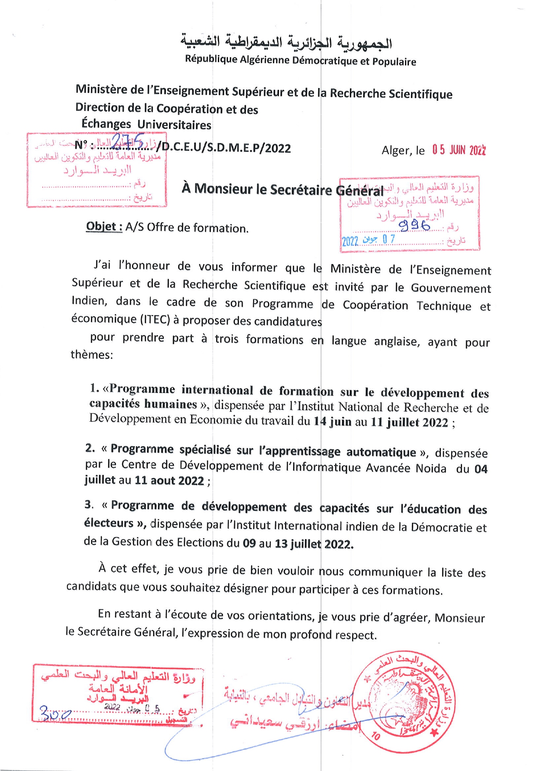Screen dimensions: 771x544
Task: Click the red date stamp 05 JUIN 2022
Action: pos(459,150)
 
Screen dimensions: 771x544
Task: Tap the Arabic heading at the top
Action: pos(286,42)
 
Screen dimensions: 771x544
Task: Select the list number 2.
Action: pos(90,448)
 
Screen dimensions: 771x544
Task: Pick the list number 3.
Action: pos(89,505)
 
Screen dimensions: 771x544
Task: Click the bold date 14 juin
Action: pos(332,422)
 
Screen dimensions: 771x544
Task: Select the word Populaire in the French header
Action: pos(394,61)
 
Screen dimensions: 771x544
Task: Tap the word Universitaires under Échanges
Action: pos(174,125)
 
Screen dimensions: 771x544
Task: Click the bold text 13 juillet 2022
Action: pos(313,544)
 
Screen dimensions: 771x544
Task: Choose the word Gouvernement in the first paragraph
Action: pos(451,288)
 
